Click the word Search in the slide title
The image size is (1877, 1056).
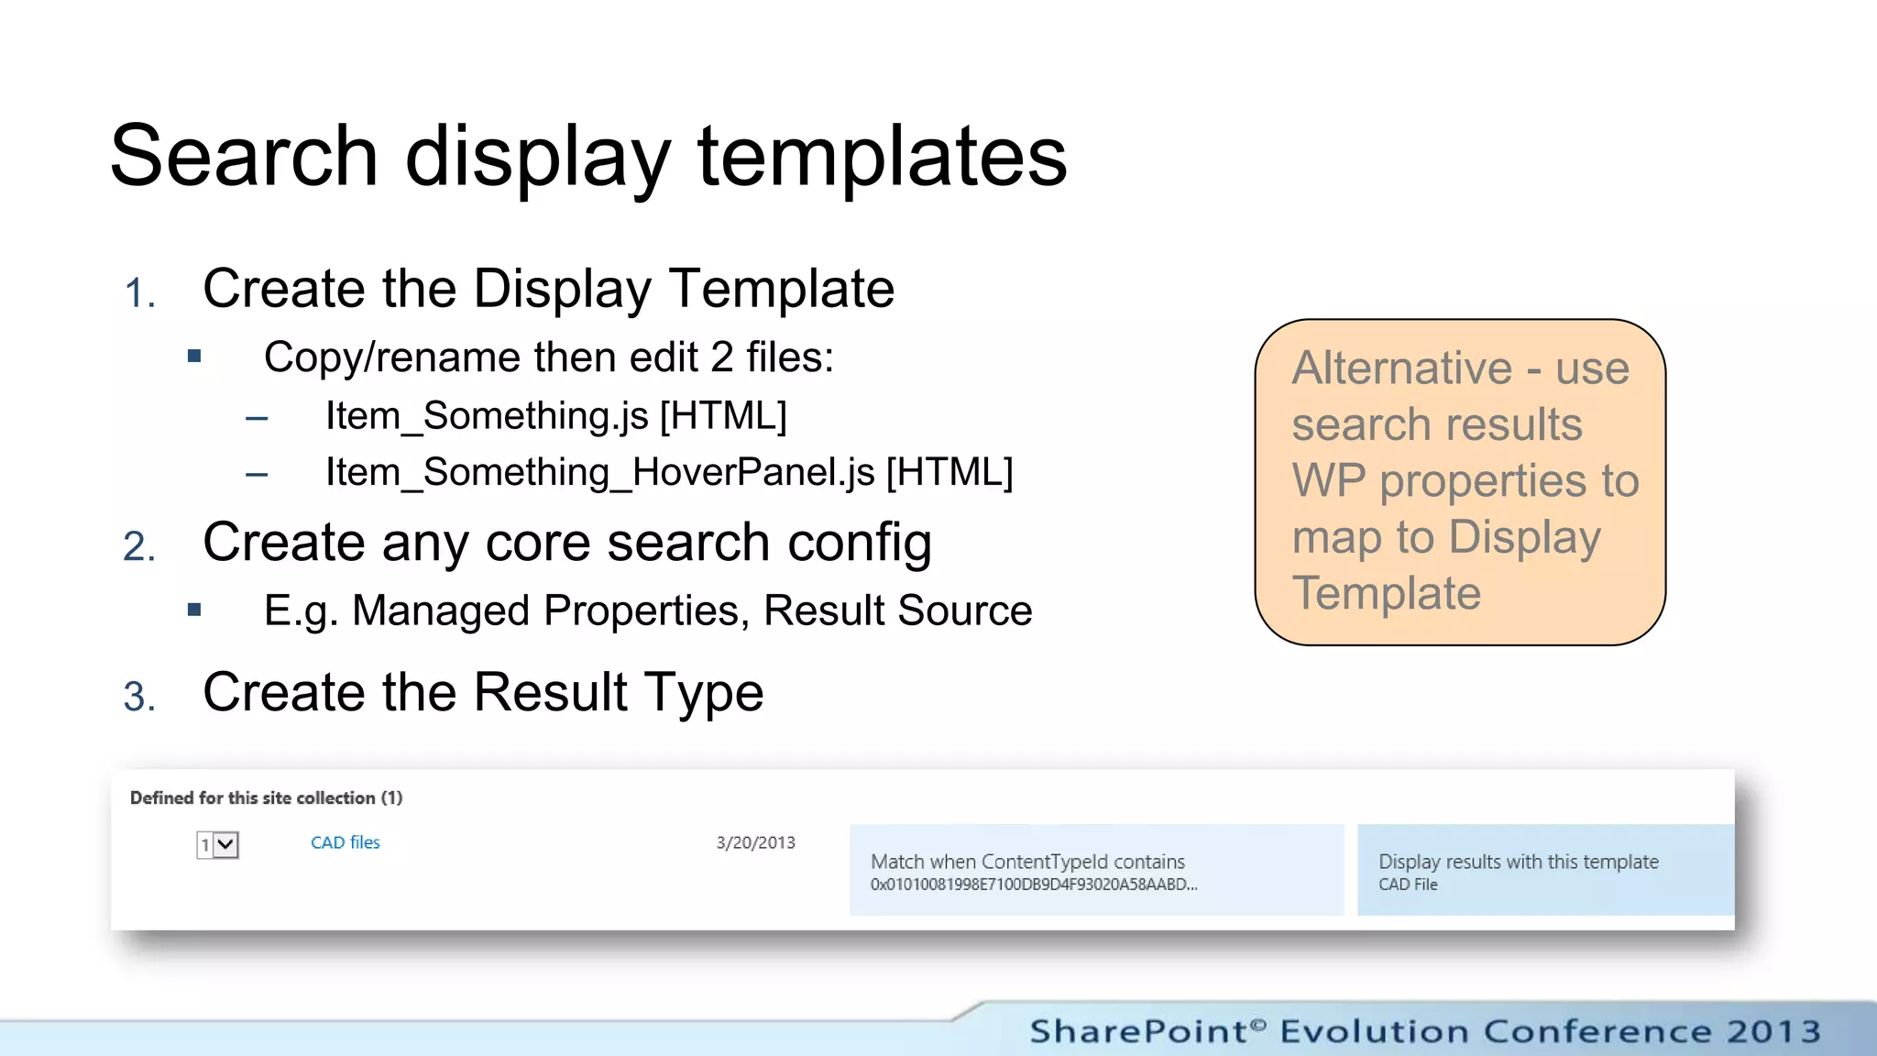pyautogui.click(x=244, y=156)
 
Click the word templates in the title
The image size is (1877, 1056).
pyautogui.click(x=882, y=158)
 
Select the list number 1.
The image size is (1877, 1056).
pyautogui.click(x=138, y=293)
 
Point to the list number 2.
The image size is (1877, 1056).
pyautogui.click(x=139, y=547)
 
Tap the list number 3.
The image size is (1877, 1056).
pyautogui.click(x=139, y=697)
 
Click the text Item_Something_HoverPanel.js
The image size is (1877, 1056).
pyautogui.click(x=600, y=473)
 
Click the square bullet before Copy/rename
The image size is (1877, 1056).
pyautogui.click(x=194, y=357)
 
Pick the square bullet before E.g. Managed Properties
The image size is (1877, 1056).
pyautogui.click(x=194, y=610)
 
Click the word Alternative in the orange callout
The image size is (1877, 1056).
pyautogui.click(x=1401, y=368)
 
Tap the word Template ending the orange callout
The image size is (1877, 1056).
pyautogui.click(x=1386, y=593)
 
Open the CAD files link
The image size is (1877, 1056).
pyautogui.click(x=345, y=842)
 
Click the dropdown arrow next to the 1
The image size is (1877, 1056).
pyautogui.click(x=226, y=844)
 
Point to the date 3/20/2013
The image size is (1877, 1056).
pyautogui.click(x=755, y=842)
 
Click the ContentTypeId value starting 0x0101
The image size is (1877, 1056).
pyautogui.click(x=1033, y=885)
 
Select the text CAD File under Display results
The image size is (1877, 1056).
pyautogui.click(x=1408, y=885)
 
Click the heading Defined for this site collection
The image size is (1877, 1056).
pyautogui.click(x=266, y=797)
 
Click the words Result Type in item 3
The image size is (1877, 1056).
pyautogui.click(x=619, y=693)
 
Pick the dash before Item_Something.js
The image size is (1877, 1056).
pyautogui.click(x=257, y=419)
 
